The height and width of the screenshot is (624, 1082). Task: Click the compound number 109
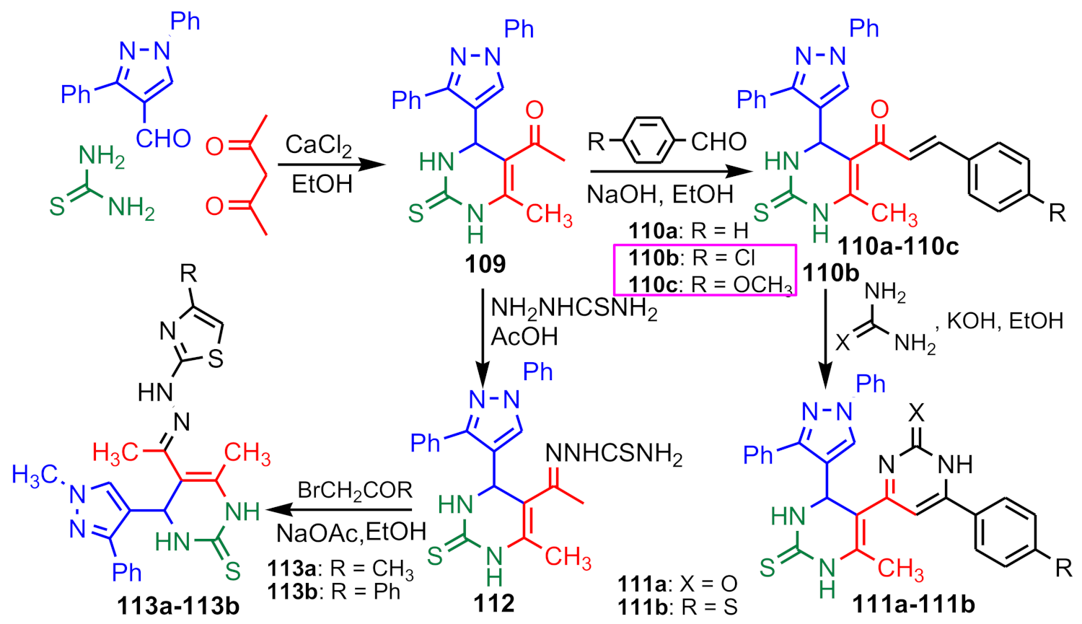click(485, 264)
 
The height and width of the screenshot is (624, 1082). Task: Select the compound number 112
click(494, 602)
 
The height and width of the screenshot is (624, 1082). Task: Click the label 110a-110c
click(898, 247)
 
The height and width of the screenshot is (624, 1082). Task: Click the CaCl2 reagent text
click(318, 145)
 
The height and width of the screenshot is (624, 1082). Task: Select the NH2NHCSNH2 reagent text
click(574, 309)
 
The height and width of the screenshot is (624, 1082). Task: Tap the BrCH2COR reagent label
click(355, 491)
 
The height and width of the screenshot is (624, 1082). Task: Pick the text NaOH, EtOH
click(659, 194)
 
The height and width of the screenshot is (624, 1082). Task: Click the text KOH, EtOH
click(1005, 321)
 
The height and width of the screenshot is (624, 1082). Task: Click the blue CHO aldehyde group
click(163, 138)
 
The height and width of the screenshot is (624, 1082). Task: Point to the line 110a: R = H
click(688, 231)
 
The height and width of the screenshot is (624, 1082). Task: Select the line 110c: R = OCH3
click(711, 284)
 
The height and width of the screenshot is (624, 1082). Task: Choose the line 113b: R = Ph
click(333, 592)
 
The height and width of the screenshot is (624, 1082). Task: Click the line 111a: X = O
click(677, 584)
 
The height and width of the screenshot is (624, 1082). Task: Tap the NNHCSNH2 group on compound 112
click(613, 454)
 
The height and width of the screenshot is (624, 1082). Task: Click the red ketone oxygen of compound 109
click(534, 110)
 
